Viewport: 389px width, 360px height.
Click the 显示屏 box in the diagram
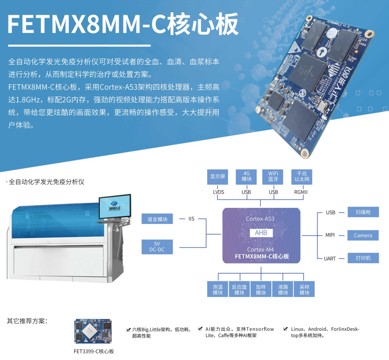tap(218, 177)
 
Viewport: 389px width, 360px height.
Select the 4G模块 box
tap(246, 177)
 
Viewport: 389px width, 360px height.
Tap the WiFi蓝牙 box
tap(273, 177)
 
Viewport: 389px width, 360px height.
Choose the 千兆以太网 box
tap(301, 177)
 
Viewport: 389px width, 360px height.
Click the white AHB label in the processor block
tap(261, 232)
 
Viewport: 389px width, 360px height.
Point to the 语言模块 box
tap(157, 219)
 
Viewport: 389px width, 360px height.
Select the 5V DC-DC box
tap(157, 247)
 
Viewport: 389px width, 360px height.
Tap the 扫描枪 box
tap(363, 212)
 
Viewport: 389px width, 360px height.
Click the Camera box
tap(363, 235)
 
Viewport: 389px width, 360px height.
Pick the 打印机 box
tap(363, 258)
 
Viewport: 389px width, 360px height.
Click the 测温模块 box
tap(218, 289)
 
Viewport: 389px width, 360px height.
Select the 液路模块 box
tap(282, 289)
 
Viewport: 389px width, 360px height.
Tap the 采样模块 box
tap(304, 289)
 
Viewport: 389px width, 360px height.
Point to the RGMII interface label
tap(301, 192)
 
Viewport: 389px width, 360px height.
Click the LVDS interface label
tap(219, 192)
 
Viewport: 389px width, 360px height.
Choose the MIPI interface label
tap(330, 235)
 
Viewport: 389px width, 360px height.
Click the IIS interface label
tap(191, 219)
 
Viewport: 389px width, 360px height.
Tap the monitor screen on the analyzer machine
tap(115, 206)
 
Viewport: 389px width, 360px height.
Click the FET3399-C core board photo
tap(93, 331)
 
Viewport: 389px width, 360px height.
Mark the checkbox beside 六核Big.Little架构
tap(128, 330)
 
